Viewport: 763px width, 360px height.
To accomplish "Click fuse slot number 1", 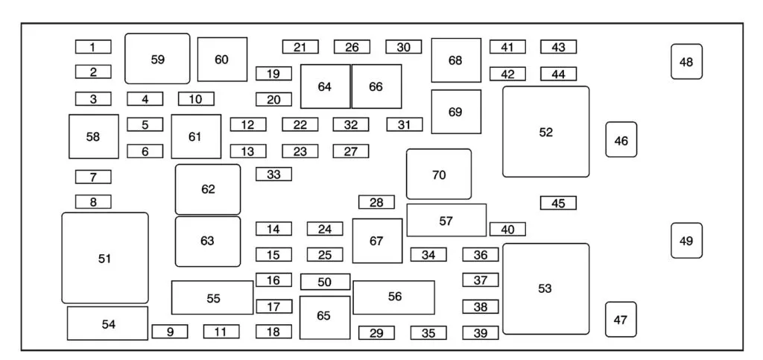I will click(x=93, y=47).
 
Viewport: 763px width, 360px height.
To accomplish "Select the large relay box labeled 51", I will click(x=105, y=258).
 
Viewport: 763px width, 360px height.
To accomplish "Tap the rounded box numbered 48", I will click(x=686, y=62).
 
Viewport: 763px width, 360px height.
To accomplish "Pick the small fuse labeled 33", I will click(x=273, y=174).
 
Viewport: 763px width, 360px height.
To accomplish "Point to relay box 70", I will click(x=439, y=174).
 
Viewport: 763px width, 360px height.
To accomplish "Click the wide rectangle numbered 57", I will click(x=446, y=221).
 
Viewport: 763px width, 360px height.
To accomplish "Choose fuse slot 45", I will click(x=558, y=203).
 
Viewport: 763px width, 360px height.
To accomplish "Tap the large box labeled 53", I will click(x=545, y=288).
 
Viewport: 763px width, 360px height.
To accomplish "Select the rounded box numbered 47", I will click(x=621, y=319).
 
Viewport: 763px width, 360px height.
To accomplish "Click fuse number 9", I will click(x=170, y=332).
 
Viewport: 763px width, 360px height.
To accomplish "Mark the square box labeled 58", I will click(x=93, y=136).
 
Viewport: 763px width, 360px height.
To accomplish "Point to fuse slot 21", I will click(x=300, y=47).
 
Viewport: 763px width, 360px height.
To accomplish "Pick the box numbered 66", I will click(x=376, y=86).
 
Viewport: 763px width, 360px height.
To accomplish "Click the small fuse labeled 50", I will click(x=325, y=282).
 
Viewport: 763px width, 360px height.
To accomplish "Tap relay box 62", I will click(x=208, y=189).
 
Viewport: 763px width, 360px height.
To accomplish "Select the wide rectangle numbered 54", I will click(x=108, y=323).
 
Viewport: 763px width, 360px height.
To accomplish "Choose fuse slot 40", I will click(x=507, y=229).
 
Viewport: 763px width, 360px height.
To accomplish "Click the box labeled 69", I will click(x=456, y=112).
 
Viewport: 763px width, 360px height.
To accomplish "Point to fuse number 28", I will click(x=376, y=202).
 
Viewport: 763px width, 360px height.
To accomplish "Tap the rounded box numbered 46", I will click(x=621, y=139).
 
